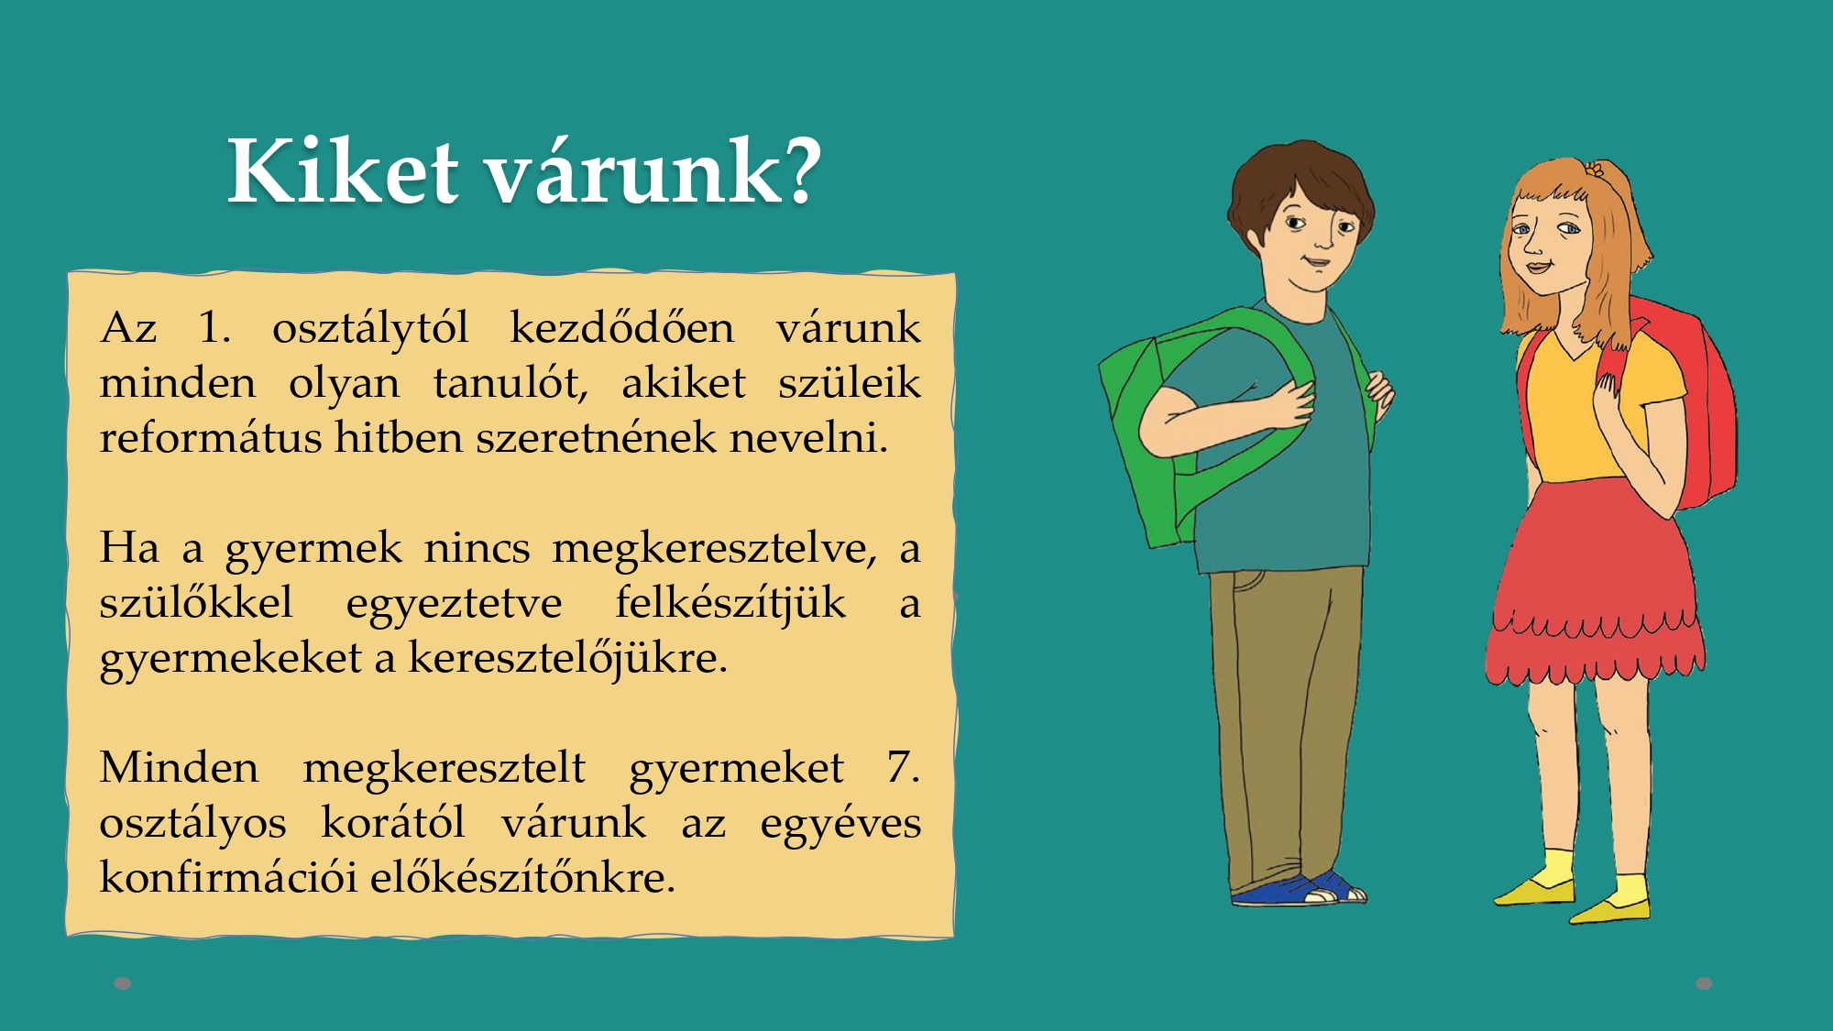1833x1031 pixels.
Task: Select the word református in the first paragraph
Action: (x=211, y=437)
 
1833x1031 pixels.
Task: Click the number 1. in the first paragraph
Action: (x=214, y=327)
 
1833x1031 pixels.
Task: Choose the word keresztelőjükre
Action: (x=568, y=659)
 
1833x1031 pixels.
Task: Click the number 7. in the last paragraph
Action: (x=903, y=767)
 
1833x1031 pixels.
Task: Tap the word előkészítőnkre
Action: (x=522, y=877)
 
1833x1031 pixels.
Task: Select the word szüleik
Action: (x=850, y=382)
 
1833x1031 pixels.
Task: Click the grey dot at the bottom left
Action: (x=123, y=983)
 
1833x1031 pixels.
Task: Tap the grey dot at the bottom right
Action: (x=1704, y=983)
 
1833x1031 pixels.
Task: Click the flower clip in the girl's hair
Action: (x=1595, y=170)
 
